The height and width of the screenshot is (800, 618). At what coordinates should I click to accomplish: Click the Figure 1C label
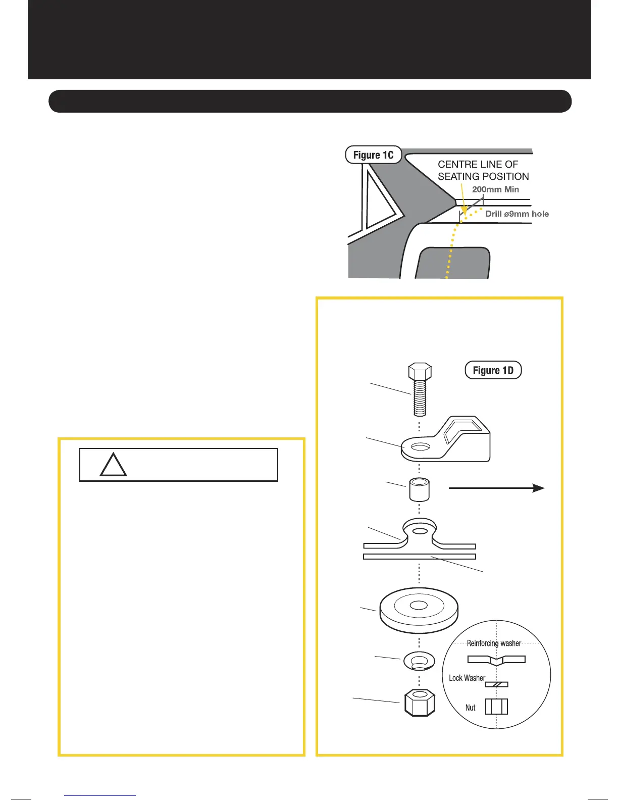pyautogui.click(x=373, y=155)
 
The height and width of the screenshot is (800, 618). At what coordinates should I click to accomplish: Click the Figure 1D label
pyautogui.click(x=493, y=370)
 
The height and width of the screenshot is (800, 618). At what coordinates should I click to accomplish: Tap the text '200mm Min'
pyautogui.click(x=495, y=189)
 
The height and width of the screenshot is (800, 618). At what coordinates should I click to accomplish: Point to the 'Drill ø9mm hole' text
pyautogui.click(x=517, y=214)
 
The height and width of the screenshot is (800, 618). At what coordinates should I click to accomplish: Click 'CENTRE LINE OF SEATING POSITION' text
pyautogui.click(x=483, y=170)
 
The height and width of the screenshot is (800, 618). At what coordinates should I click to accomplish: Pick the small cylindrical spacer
pyautogui.click(x=419, y=490)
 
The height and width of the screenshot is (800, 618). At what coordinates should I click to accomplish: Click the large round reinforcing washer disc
pyautogui.click(x=419, y=610)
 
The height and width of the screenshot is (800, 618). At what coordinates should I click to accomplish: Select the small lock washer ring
pyautogui.click(x=419, y=661)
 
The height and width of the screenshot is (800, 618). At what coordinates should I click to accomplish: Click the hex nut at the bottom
pyautogui.click(x=420, y=703)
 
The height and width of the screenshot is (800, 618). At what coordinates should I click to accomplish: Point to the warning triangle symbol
pyautogui.click(x=113, y=466)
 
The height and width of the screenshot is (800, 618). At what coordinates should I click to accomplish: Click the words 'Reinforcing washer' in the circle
pyautogui.click(x=494, y=643)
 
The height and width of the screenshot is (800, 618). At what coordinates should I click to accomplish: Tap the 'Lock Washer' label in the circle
pyautogui.click(x=467, y=678)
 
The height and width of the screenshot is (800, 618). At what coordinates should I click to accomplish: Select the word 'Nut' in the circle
pyautogui.click(x=470, y=708)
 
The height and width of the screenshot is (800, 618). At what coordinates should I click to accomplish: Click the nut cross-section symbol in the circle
pyautogui.click(x=496, y=707)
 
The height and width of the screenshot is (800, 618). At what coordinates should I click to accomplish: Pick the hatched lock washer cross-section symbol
pyautogui.click(x=496, y=685)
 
